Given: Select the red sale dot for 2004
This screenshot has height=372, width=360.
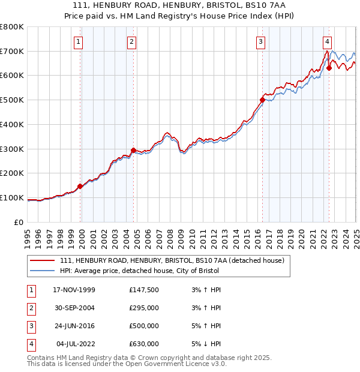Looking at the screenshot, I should coord(133,150).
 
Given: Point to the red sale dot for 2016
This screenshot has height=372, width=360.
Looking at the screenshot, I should coord(262,100).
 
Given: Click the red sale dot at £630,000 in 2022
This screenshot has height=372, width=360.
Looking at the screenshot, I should coord(329,68).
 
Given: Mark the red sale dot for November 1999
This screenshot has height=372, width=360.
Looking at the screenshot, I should coord(80,186).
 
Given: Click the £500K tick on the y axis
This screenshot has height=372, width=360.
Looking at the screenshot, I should coord(12,100).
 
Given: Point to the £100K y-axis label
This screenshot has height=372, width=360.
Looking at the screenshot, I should coord(12,197).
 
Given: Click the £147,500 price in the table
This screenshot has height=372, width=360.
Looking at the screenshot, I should coord(143,290).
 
